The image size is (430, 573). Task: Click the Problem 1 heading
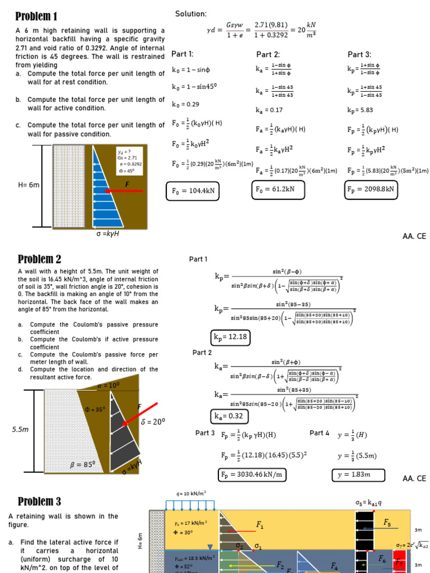[x=37, y=16]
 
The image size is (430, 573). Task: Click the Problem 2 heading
[x=39, y=259]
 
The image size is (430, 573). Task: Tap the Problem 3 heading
[x=39, y=501]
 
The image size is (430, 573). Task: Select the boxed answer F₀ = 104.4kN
[x=192, y=192]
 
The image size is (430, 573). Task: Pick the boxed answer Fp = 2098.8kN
[x=371, y=190]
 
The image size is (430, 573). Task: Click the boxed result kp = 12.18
[x=230, y=337]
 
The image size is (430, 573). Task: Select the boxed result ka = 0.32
[x=230, y=416]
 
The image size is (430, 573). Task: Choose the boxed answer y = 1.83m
[x=359, y=475]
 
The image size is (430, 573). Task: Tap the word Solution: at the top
[x=191, y=14]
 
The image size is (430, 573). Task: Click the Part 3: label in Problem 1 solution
[x=359, y=54]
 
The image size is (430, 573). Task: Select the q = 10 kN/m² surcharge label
[x=191, y=494]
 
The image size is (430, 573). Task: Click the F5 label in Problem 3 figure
[x=387, y=522]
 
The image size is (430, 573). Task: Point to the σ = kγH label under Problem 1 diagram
[x=107, y=234]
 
